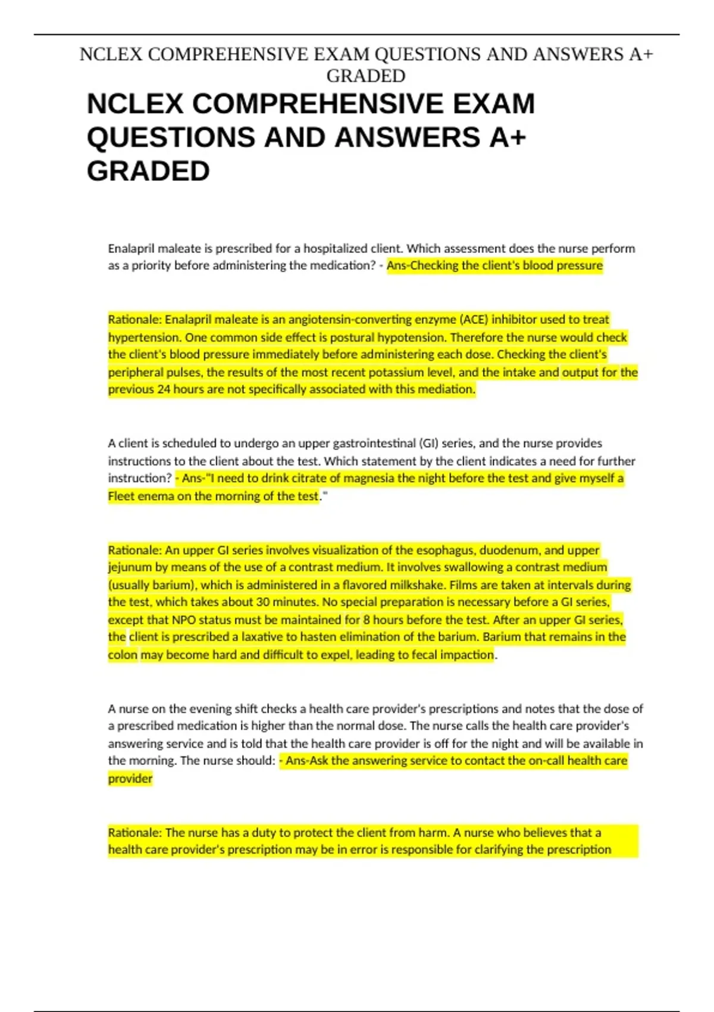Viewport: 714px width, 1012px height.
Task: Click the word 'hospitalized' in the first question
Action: click(336, 248)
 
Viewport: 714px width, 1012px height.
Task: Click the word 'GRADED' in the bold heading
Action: click(148, 171)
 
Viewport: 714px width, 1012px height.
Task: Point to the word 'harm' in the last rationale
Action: click(432, 832)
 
